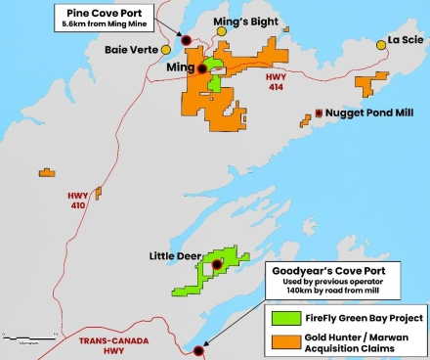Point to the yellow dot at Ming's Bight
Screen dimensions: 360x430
tap(222, 31)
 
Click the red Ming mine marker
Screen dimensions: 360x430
tap(202, 67)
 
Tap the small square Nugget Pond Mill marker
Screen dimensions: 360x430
tap(319, 114)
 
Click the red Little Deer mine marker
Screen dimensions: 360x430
tap(217, 263)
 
